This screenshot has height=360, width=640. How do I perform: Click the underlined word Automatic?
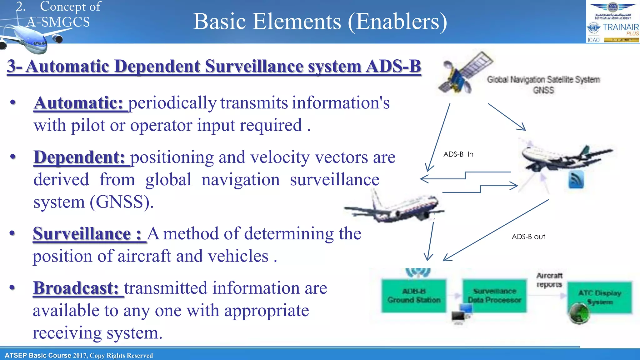[x=78, y=103]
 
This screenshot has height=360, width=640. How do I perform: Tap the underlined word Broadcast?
[x=76, y=288]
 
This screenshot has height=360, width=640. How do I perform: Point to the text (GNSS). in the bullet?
[x=122, y=202]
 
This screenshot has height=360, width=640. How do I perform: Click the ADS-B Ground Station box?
[x=414, y=296]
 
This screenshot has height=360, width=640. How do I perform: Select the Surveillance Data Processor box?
[x=494, y=296]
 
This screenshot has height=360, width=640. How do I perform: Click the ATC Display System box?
[x=599, y=297]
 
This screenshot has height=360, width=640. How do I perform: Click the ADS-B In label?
[x=458, y=154]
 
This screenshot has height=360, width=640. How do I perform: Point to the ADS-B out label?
[x=528, y=237]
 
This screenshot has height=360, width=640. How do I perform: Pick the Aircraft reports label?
[x=549, y=280]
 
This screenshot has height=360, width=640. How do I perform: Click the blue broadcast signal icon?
[x=576, y=180]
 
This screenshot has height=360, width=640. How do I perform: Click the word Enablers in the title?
[x=397, y=22]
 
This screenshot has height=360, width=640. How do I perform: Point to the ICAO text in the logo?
[x=593, y=40]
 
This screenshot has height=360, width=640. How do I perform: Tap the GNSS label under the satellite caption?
[x=543, y=90]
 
